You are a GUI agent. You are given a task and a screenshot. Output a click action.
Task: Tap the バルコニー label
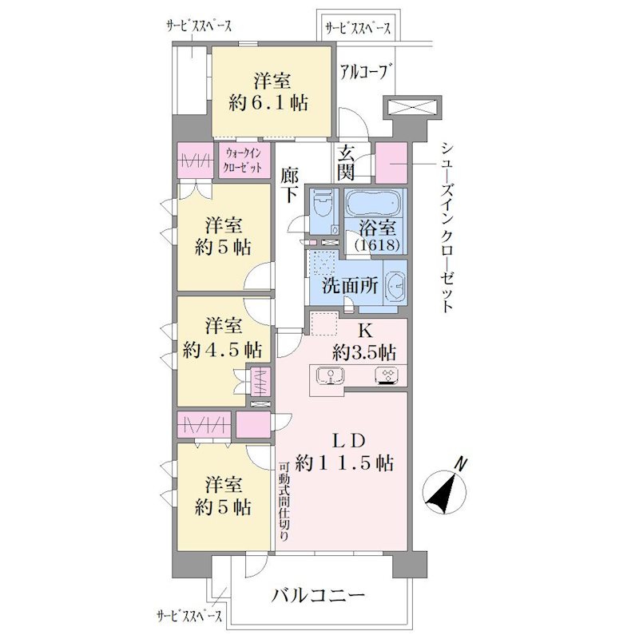click(x=318, y=596)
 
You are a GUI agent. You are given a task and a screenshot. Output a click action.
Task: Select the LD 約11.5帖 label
click(x=345, y=452)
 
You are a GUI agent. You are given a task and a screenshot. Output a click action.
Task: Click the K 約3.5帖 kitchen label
click(x=364, y=342)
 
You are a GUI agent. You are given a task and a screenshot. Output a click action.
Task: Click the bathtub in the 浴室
click(x=374, y=202)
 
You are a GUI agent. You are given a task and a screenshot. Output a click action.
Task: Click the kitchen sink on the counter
click(x=330, y=375)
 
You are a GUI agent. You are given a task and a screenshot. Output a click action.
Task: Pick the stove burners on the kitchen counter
click(x=387, y=375)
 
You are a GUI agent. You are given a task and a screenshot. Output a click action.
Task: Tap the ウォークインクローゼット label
click(x=244, y=161)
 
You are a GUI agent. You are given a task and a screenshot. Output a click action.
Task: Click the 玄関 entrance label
click(x=347, y=163)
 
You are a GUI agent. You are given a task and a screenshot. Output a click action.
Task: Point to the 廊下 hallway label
click(x=289, y=186)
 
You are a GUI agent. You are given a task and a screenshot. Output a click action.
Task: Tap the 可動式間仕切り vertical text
click(x=284, y=502)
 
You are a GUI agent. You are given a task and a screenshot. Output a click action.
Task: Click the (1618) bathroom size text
click(x=377, y=245)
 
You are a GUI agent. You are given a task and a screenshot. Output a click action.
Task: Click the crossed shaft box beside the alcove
click(x=411, y=109)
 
